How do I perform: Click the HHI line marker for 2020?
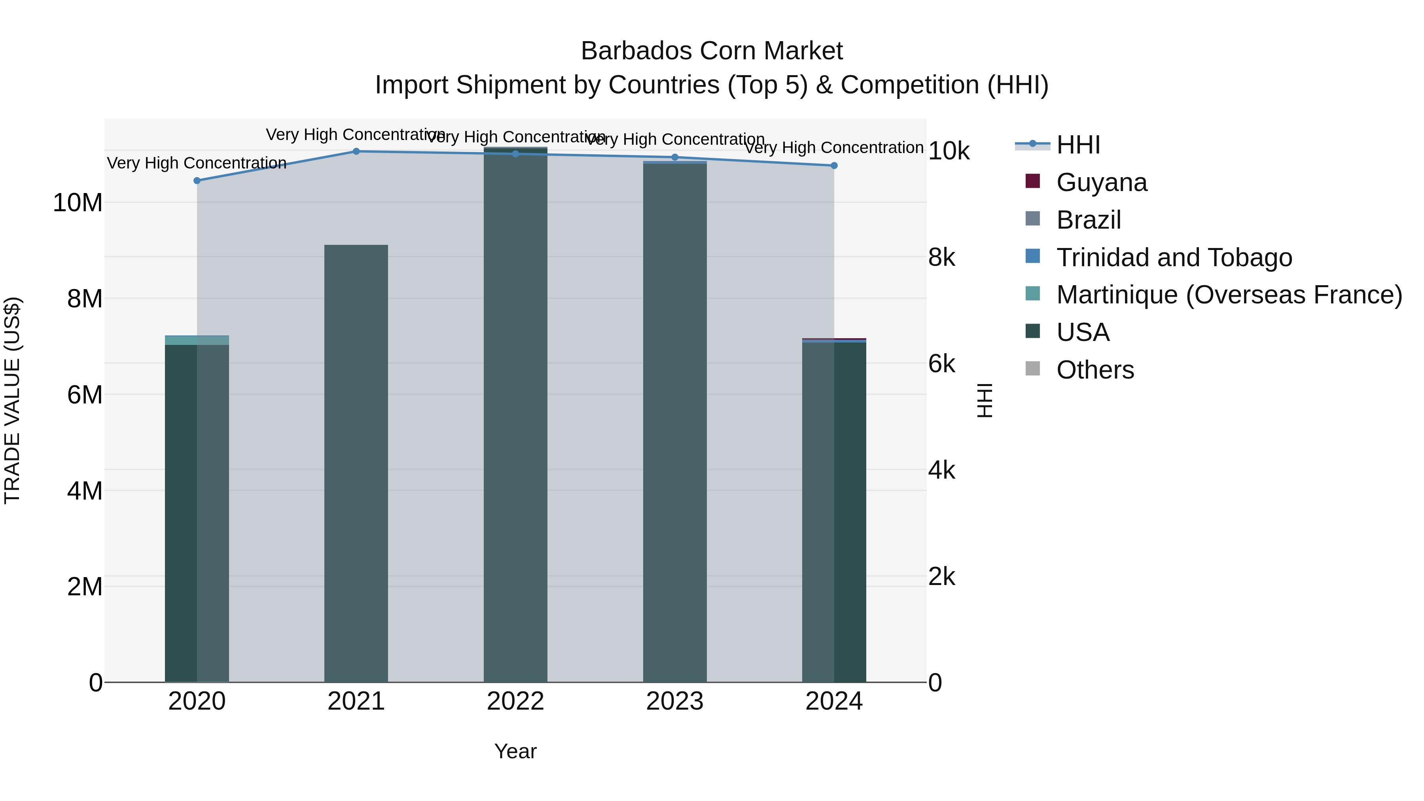(197, 180)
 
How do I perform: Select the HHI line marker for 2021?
(356, 151)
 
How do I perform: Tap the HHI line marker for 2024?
(833, 165)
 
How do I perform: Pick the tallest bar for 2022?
(515, 415)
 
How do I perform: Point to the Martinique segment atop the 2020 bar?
(197, 340)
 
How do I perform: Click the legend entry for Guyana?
(1101, 182)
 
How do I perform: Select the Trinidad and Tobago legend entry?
(1174, 258)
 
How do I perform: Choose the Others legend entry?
(1095, 370)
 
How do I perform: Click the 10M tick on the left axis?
(78, 203)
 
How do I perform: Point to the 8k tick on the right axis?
(942, 258)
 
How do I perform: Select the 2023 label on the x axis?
(674, 701)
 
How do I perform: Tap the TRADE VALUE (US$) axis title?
(12, 400)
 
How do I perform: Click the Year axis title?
(515, 751)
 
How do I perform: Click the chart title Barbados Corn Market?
(712, 51)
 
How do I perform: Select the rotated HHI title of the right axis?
(985, 400)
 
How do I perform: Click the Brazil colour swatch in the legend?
(1032, 219)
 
